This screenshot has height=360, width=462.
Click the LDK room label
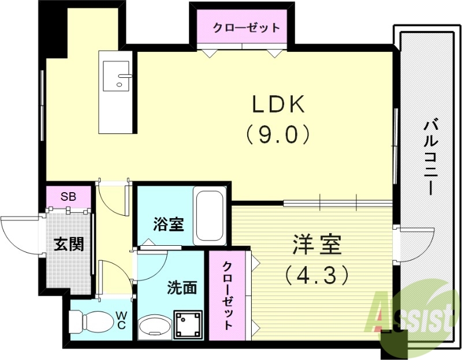tap(277, 105)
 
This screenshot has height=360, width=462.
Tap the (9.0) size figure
tap(277, 134)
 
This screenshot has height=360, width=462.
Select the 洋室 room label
tap(316, 245)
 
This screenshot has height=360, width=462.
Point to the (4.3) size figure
tap(316, 274)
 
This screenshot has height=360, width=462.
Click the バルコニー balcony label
tap(430, 156)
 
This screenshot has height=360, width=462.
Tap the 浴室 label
tap(169, 224)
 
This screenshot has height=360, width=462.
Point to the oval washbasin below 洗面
tap(154, 326)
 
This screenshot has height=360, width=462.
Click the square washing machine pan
tap(189, 324)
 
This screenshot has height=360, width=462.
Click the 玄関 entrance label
tap(69, 244)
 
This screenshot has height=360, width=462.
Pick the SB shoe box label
tap(69, 196)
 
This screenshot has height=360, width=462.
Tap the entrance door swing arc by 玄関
tap(20, 234)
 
